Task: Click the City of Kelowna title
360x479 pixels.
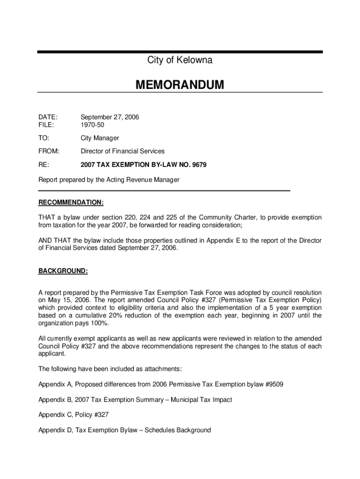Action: [x=180, y=60]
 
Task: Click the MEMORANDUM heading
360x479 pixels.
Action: [x=180, y=85]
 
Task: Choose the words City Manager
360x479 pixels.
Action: [x=100, y=138]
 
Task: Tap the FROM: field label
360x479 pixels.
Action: [x=49, y=151]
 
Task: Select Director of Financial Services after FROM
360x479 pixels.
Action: [x=122, y=151]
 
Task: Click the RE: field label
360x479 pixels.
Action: [x=43, y=165]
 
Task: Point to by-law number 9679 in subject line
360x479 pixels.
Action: [x=198, y=165]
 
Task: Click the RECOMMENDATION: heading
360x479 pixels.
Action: [x=71, y=203]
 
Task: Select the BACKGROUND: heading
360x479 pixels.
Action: [x=63, y=271]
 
